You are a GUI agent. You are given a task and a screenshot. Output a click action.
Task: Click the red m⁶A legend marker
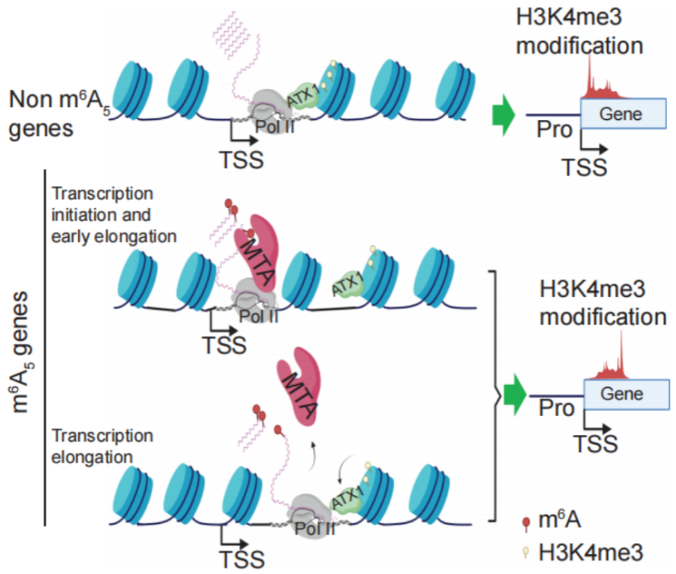(x=525, y=522)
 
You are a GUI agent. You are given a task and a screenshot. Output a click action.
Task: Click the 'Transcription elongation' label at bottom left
(x=102, y=446)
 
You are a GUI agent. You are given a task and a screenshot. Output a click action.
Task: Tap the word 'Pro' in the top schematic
(x=554, y=131)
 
